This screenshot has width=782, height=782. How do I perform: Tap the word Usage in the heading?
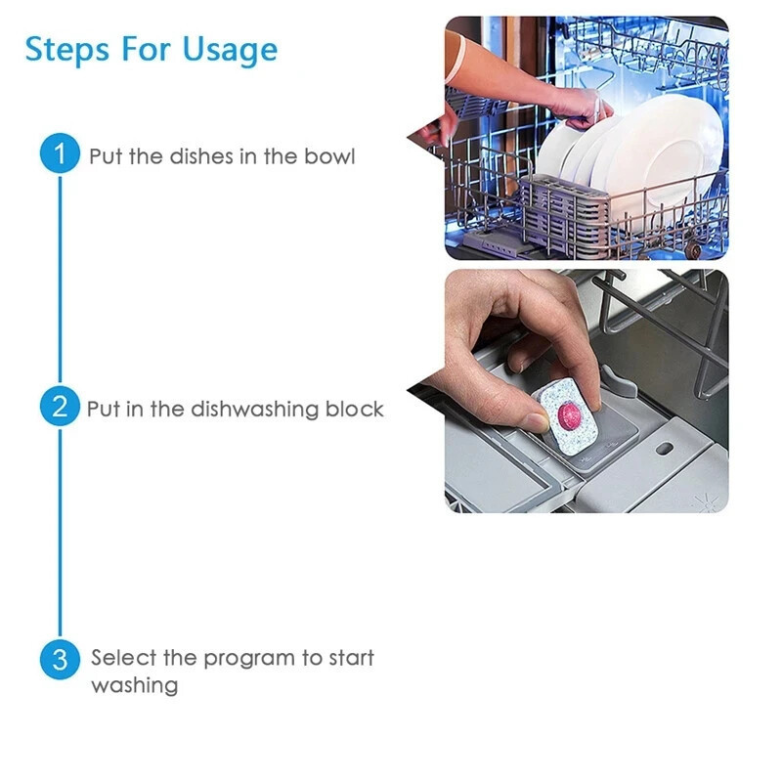coord(230,51)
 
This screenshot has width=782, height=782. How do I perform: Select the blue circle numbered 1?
coord(60,153)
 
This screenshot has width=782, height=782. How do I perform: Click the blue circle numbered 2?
coord(60,406)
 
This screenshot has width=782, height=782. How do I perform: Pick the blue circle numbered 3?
coord(60,659)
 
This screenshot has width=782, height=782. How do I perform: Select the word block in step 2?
coord(355,409)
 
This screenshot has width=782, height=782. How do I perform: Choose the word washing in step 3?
coord(135,686)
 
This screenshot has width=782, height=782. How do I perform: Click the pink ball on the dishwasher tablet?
coord(570,414)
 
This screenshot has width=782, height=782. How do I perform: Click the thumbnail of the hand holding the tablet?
coord(586,391)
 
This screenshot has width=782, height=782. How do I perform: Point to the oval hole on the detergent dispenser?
coord(664,448)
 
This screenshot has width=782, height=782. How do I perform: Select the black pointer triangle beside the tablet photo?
coord(426,393)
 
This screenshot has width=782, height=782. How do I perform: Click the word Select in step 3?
coord(123,658)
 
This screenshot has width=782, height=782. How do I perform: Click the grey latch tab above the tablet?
coord(619,380)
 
